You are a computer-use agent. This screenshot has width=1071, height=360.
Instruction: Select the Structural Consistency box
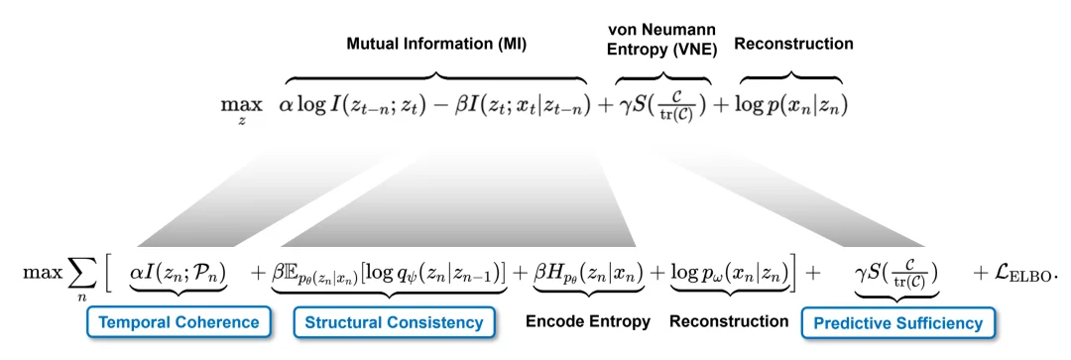[x=394, y=322]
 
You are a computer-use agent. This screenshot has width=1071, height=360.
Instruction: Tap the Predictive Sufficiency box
[x=898, y=322]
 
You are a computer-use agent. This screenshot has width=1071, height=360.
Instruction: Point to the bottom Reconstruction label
[x=729, y=322]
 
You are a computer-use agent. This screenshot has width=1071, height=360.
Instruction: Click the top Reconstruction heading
[x=793, y=44]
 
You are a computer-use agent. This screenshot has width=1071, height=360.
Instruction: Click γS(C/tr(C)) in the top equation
[x=663, y=105]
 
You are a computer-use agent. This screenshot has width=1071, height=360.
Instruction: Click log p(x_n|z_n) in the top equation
[x=790, y=105]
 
